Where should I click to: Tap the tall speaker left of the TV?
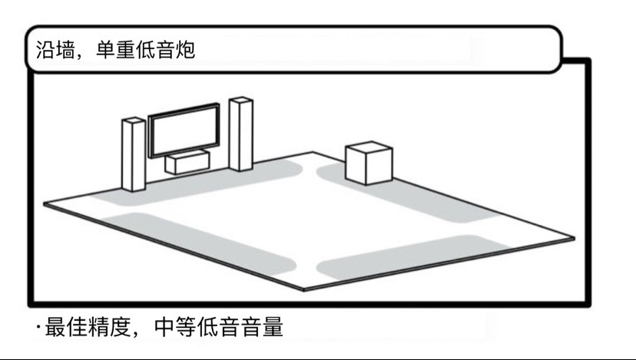pyautogui.click(x=133, y=154)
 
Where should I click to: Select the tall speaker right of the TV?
pyautogui.click(x=240, y=134)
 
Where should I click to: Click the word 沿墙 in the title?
pyautogui.click(x=58, y=50)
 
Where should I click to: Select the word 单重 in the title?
pyautogui.click(x=118, y=50)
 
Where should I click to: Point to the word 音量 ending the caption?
pyautogui.click(x=264, y=329)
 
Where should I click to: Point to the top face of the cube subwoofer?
pyautogui.click(x=369, y=148)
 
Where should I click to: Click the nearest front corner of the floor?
pyautogui.click(x=304, y=290)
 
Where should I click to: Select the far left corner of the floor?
pyautogui.click(x=44, y=204)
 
